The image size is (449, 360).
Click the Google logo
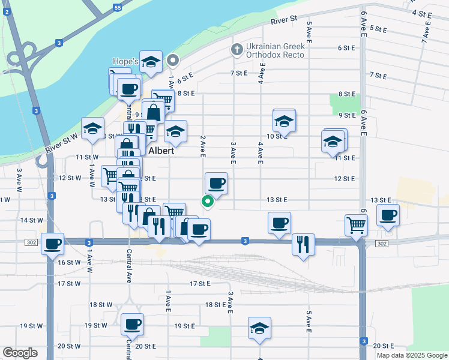point(20,353)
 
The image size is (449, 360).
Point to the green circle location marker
point(208,202)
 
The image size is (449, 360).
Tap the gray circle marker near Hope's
point(173,60)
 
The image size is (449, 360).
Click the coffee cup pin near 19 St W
point(132,324)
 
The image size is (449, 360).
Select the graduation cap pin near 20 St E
point(259,328)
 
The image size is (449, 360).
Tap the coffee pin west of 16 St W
point(53,243)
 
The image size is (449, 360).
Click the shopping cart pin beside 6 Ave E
point(356,225)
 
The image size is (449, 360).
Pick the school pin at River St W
point(92,128)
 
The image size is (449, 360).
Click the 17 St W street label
point(69,283)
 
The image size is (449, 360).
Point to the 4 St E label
point(422,13)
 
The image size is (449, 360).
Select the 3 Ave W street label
point(20,176)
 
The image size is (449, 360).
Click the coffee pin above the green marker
point(216,182)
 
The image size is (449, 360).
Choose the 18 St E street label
point(215,305)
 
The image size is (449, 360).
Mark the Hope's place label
point(125,61)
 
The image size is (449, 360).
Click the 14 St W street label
point(31,220)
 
